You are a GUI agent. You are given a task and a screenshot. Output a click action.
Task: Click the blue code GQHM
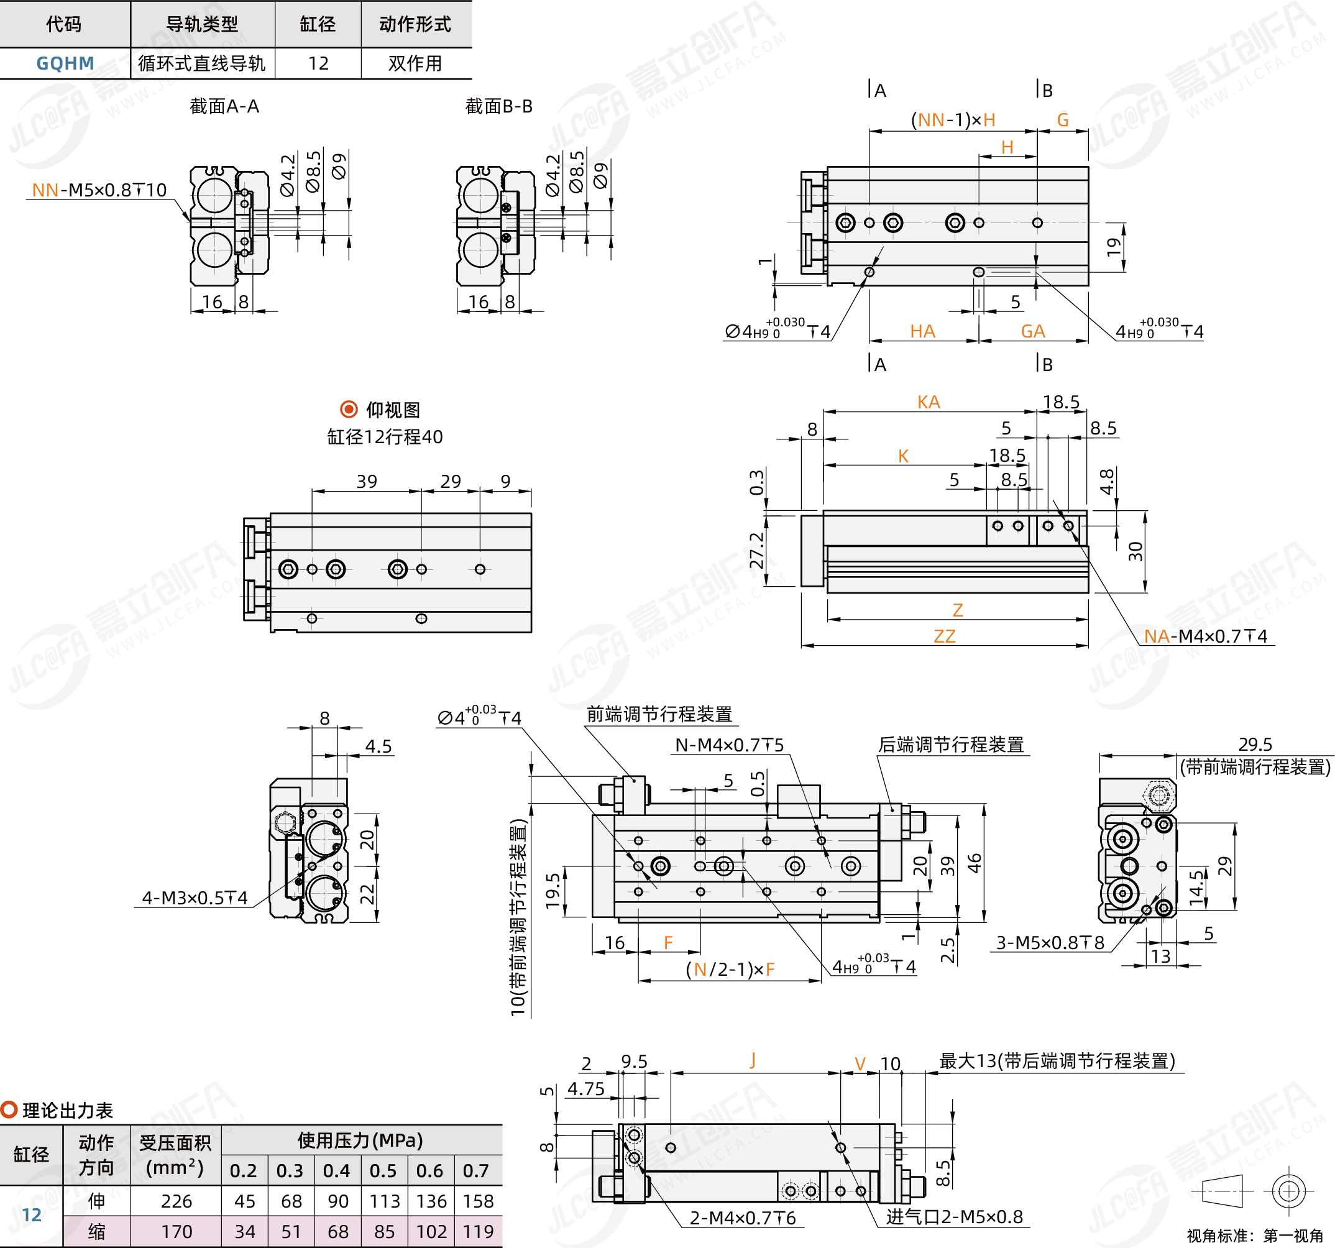(x=65, y=63)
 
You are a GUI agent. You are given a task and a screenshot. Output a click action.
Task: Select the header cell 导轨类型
(x=202, y=24)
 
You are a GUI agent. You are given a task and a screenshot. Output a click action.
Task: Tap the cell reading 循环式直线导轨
(x=202, y=63)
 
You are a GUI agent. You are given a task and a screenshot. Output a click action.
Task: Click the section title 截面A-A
(x=224, y=106)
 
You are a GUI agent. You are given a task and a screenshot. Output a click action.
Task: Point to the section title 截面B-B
(x=499, y=106)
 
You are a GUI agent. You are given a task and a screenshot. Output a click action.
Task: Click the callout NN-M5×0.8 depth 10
(x=99, y=190)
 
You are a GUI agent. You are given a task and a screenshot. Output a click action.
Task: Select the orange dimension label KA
(x=929, y=401)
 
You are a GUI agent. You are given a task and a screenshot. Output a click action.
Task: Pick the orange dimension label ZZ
(x=944, y=635)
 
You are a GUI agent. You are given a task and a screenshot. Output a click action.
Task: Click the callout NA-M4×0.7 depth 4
(x=1205, y=635)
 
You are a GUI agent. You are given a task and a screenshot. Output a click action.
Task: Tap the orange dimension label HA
(x=923, y=331)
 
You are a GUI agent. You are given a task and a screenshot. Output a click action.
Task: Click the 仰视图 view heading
(x=393, y=410)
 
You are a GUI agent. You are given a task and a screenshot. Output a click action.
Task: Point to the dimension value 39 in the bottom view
(x=367, y=481)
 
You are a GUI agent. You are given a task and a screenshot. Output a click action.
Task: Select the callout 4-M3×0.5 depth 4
(x=195, y=897)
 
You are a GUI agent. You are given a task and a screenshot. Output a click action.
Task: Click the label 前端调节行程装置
(x=659, y=714)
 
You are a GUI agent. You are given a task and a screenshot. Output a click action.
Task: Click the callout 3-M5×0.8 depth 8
(x=1050, y=942)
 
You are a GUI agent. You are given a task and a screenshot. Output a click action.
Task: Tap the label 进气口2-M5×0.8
(x=954, y=1216)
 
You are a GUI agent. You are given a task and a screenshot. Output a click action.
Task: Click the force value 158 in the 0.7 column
(x=478, y=1201)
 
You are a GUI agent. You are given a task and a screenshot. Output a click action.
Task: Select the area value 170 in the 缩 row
(x=176, y=1232)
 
